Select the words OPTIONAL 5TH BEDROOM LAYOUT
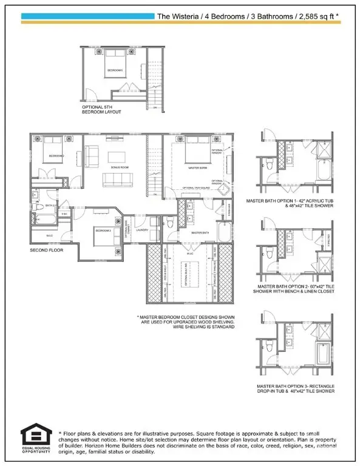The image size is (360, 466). [102, 110]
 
